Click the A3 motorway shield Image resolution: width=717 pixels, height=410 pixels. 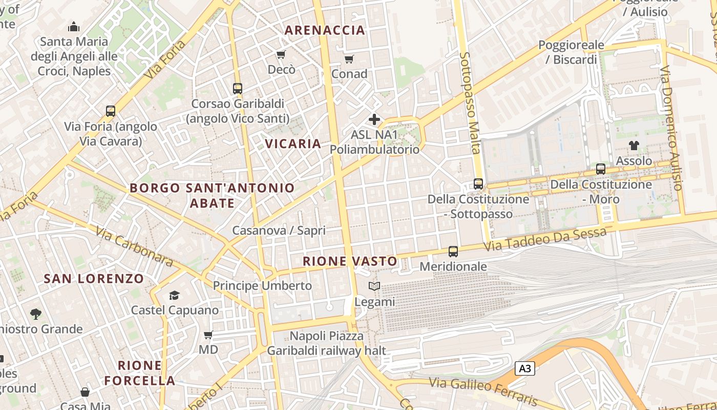point(525,368)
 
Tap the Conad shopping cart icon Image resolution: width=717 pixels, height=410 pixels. point(349,59)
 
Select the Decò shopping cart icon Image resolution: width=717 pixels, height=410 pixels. point(281,54)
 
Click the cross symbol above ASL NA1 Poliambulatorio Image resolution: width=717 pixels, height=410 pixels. point(374,120)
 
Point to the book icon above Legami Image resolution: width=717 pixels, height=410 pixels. point(374,286)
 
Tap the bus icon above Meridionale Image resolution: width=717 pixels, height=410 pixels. point(453,251)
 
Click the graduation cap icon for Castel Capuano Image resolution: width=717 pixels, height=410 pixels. point(175,295)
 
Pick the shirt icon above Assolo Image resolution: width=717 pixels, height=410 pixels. point(634,146)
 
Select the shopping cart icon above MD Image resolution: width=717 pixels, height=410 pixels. point(208,335)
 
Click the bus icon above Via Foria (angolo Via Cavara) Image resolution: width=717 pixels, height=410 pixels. point(110,111)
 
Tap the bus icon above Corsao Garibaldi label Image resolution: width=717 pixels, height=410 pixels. point(237,88)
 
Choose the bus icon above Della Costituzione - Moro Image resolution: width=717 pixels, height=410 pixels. point(601,169)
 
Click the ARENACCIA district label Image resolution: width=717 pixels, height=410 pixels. point(325,30)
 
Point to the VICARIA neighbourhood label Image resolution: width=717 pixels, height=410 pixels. point(293,144)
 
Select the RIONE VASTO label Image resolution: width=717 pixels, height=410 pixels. point(350,261)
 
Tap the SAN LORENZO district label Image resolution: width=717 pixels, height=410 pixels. point(94,279)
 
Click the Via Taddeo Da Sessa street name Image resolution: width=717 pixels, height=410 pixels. point(545,239)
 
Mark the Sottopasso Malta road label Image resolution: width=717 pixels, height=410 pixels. point(469,102)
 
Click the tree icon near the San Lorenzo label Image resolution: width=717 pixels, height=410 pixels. point(35,314)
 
